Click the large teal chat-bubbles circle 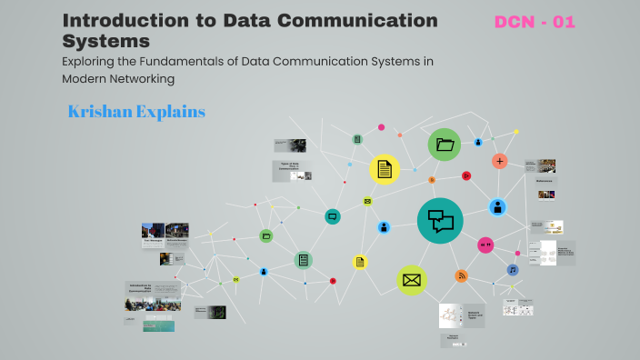click(440, 220)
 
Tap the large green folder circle click(445, 145)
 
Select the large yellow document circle click(385, 169)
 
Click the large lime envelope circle click(411, 280)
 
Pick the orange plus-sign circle click(499, 161)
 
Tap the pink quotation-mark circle click(485, 245)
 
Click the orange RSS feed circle click(461, 275)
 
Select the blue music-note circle click(513, 270)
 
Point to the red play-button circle click(465, 175)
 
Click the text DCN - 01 click(535, 22)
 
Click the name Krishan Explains click(136, 112)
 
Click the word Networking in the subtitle click(140, 78)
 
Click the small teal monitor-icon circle click(333, 216)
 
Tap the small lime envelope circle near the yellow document click(367, 201)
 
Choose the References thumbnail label click(545, 181)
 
